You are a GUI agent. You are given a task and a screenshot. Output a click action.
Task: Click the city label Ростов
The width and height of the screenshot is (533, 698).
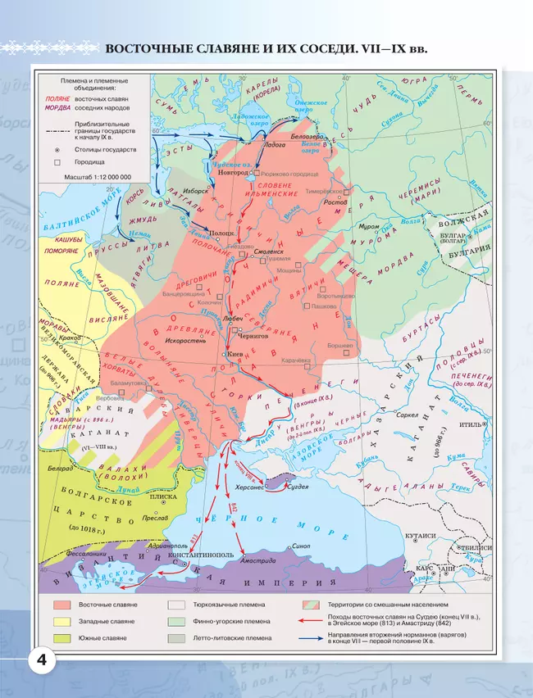tap(333, 202)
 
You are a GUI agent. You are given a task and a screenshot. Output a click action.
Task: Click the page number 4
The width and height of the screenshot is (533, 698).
tap(41, 660)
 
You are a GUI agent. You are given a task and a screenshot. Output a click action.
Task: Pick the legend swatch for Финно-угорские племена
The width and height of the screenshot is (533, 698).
tap(177, 622)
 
